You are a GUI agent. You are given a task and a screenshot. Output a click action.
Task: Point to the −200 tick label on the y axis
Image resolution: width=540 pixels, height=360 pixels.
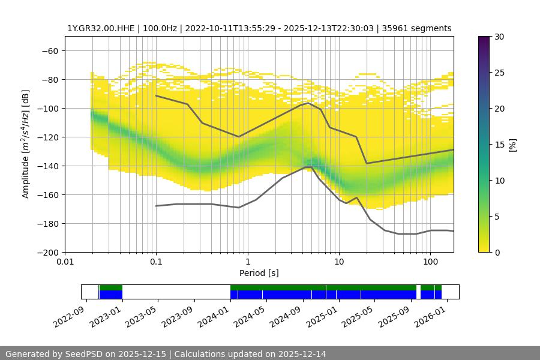[48, 252]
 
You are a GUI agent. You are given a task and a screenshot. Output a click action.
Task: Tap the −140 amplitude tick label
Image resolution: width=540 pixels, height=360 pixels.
[48, 166]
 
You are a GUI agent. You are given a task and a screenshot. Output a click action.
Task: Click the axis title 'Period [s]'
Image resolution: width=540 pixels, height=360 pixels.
[259, 273]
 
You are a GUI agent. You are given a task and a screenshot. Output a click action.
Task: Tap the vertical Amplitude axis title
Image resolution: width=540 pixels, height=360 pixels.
[26, 144]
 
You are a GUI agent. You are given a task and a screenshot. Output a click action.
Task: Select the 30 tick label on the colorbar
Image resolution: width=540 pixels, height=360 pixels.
[499, 37]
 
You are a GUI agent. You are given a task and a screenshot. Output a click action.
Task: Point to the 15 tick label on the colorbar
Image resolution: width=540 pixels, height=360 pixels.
[499, 145]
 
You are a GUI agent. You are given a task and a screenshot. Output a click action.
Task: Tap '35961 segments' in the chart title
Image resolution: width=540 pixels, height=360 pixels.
[420, 28]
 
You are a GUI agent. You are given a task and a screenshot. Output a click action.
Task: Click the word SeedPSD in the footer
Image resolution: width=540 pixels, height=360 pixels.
[83, 354]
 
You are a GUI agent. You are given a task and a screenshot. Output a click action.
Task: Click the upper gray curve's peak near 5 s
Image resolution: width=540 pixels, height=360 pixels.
[308, 103]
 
